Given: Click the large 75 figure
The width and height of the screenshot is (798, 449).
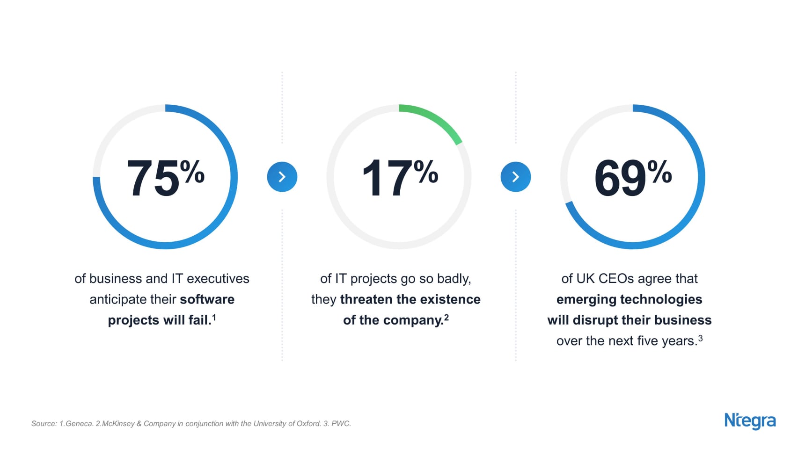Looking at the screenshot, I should [x=153, y=179].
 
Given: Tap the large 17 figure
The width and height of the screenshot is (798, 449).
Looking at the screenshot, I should [x=387, y=179].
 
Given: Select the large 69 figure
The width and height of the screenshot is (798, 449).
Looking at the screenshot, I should [x=620, y=179].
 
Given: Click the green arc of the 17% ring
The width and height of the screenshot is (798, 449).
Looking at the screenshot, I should [x=436, y=119].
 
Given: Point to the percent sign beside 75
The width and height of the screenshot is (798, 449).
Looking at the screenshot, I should [x=192, y=172].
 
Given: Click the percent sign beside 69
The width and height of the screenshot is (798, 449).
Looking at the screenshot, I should [x=660, y=172].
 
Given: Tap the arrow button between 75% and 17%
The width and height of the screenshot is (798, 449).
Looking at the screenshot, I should [x=282, y=177].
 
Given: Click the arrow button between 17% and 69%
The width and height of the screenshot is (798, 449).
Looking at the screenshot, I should [x=516, y=177].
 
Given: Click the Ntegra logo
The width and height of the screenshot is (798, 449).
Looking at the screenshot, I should [x=750, y=421].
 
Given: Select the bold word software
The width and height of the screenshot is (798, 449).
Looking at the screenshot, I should [x=207, y=299].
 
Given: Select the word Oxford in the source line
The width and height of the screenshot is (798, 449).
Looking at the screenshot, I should [x=309, y=424].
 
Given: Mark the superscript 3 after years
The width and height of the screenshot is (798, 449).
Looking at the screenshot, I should [x=700, y=338].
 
